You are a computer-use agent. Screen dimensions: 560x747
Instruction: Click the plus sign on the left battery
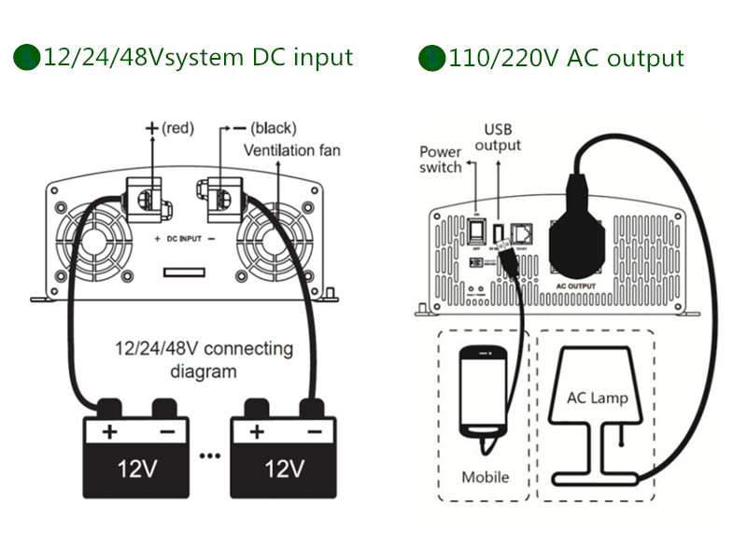[109, 432]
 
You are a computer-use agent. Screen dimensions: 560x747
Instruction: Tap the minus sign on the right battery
[314, 432]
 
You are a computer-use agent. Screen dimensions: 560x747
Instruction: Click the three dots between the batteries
[209, 455]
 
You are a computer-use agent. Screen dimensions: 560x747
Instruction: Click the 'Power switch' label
[440, 160]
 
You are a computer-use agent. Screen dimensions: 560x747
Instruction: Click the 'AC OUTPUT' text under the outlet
[576, 286]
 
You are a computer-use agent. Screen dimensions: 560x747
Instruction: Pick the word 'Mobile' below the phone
[486, 477]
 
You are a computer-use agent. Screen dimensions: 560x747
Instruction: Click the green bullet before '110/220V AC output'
[430, 58]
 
